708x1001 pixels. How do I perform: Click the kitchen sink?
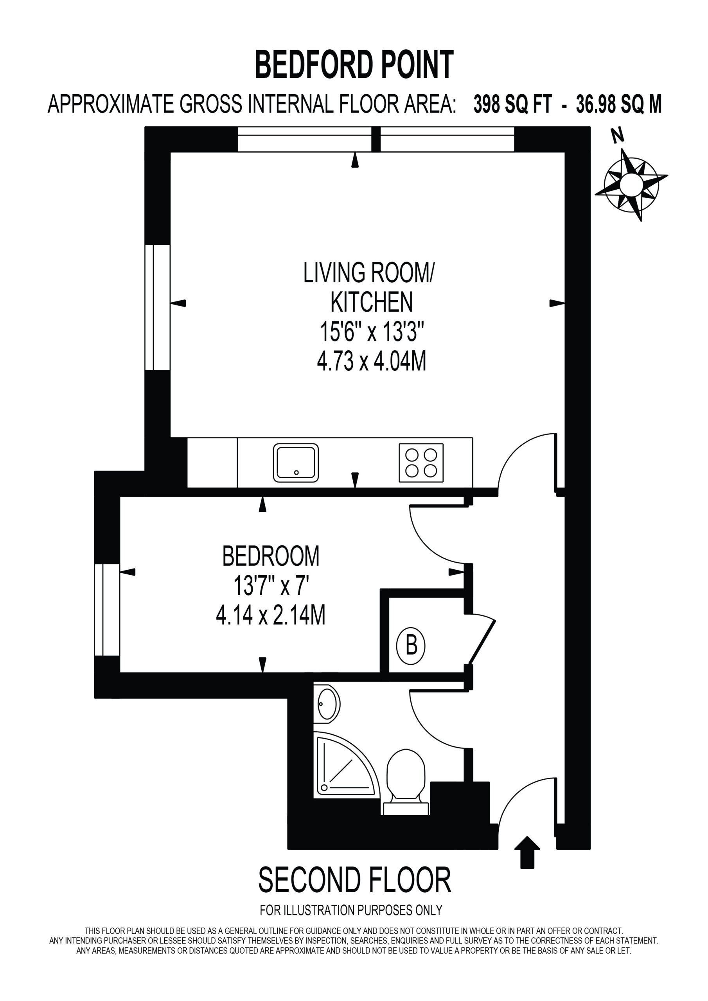pos(296,463)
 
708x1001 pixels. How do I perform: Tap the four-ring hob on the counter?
pos(421,463)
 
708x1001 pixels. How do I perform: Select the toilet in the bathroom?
pos(406,782)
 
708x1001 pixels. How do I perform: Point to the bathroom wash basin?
pos(327,704)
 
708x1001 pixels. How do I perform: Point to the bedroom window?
pos(107,610)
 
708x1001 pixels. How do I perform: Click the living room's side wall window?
pos(158,307)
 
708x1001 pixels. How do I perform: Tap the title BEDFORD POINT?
pos(354,65)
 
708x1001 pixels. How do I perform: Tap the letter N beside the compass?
pos(617,136)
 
